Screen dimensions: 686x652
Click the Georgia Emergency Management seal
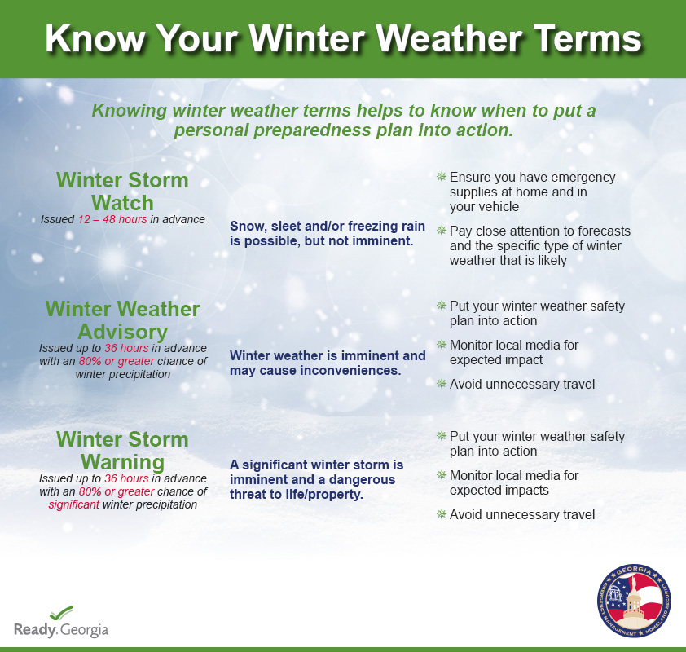(x=634, y=600)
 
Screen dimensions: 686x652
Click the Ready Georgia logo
(x=61, y=622)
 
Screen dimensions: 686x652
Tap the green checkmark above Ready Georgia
(x=61, y=613)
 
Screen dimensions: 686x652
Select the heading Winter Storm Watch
(x=122, y=192)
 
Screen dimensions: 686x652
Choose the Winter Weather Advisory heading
(x=122, y=320)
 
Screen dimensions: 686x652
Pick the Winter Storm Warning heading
(x=122, y=450)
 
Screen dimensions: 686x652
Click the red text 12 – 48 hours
(x=112, y=219)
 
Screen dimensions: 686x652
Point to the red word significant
(x=73, y=504)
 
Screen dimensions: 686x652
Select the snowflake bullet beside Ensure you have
(x=442, y=177)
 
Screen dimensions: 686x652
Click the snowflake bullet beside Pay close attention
(x=442, y=230)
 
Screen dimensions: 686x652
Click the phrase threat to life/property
(x=297, y=494)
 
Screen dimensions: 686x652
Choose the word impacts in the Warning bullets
(x=527, y=490)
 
